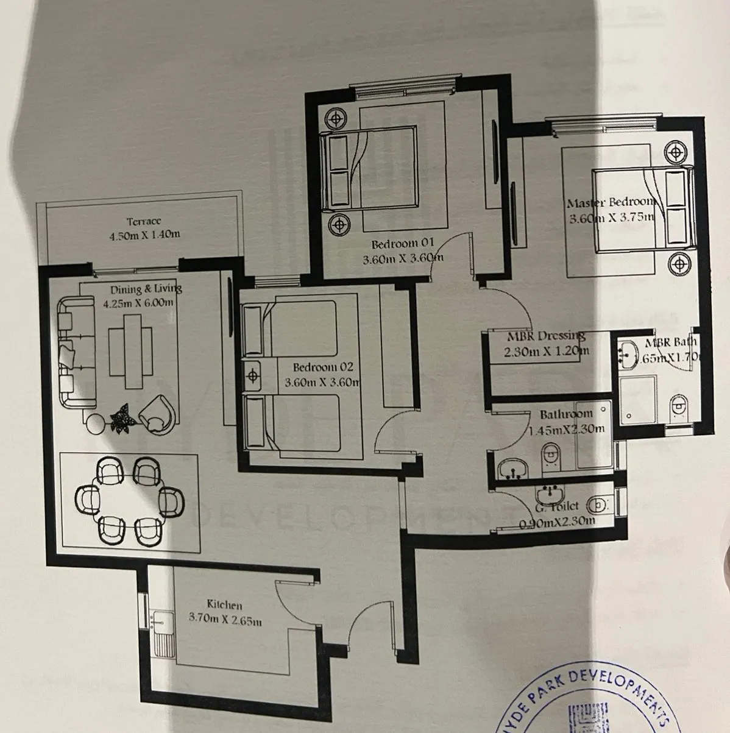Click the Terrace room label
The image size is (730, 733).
(x=144, y=222)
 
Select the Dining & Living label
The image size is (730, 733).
(x=146, y=289)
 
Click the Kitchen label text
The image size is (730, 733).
(x=224, y=604)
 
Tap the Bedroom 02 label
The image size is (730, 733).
(x=323, y=367)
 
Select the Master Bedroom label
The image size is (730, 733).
(x=610, y=202)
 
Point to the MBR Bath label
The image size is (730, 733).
(x=670, y=342)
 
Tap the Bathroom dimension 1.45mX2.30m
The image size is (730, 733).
(x=567, y=429)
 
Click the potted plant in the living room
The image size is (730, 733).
(x=122, y=418)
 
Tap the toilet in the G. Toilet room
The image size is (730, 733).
(x=597, y=505)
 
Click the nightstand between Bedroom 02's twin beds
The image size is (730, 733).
(x=252, y=377)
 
